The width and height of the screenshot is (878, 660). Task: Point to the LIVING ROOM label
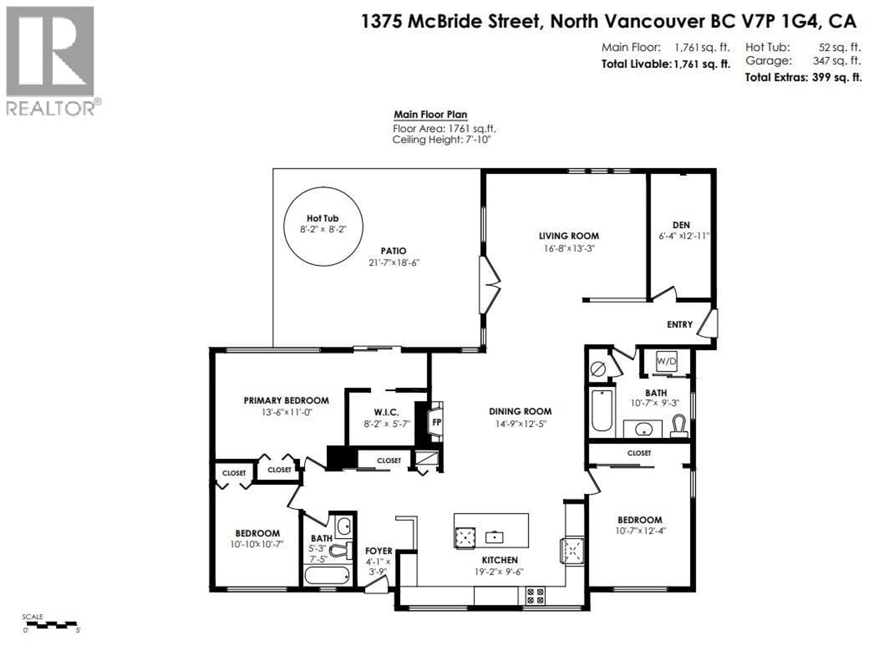click(569, 236)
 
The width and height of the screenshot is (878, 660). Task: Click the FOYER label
click(379, 551)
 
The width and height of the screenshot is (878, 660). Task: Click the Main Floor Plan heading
click(430, 115)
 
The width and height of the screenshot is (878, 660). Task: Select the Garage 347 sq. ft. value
click(837, 61)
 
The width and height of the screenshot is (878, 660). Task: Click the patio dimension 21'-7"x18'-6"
click(394, 263)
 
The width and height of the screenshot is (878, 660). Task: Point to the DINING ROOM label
click(520, 411)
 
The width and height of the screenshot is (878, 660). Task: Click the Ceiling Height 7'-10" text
click(441, 140)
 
